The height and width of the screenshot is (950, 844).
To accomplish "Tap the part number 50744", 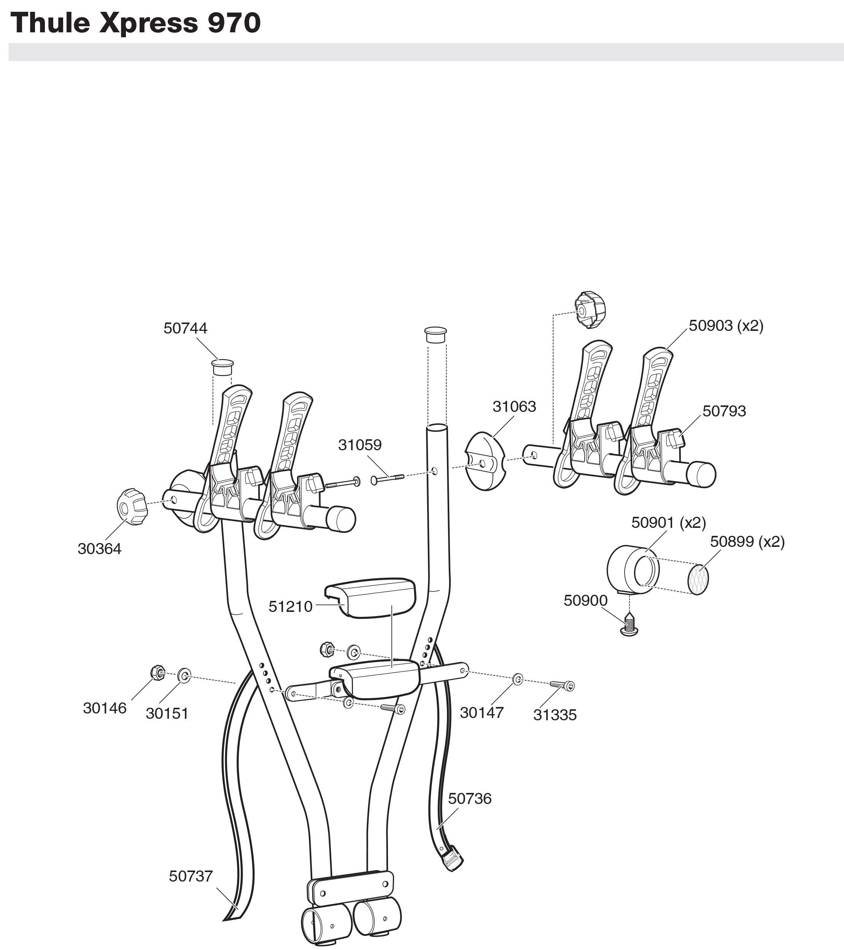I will pos(185,328).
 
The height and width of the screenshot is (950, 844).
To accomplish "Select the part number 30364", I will pos(99,548).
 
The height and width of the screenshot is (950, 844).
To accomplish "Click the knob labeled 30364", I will pos(132,506).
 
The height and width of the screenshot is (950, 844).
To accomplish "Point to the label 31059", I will pos(360,445).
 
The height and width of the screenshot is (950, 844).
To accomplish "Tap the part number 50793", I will pos(724,411).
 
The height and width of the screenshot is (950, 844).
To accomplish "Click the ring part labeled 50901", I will pos(632,569).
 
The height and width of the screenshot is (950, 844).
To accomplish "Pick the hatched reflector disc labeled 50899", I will pos(698,579).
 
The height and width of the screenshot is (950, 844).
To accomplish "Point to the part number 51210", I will pos(291,607).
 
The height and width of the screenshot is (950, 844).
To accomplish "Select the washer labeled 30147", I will pos(517,680).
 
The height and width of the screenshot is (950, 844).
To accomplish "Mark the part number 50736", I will pos(469,799).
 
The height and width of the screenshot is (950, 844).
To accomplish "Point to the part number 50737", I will pos(191,876).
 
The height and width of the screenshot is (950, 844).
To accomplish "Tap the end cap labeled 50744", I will pos(222,367).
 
